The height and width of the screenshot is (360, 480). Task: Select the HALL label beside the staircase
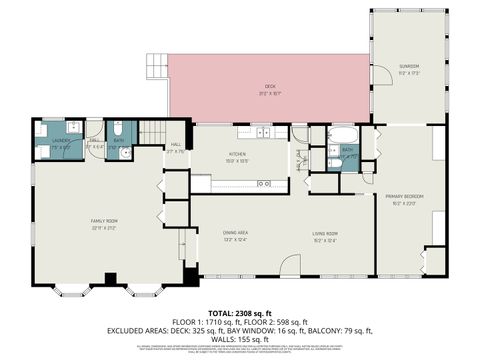[176, 145]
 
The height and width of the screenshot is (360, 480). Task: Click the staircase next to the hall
[150, 131]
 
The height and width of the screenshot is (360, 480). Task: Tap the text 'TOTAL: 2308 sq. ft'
[240, 312]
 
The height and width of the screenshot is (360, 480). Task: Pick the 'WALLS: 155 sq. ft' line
[240, 338]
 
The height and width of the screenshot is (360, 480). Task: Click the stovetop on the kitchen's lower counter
[265, 183]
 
